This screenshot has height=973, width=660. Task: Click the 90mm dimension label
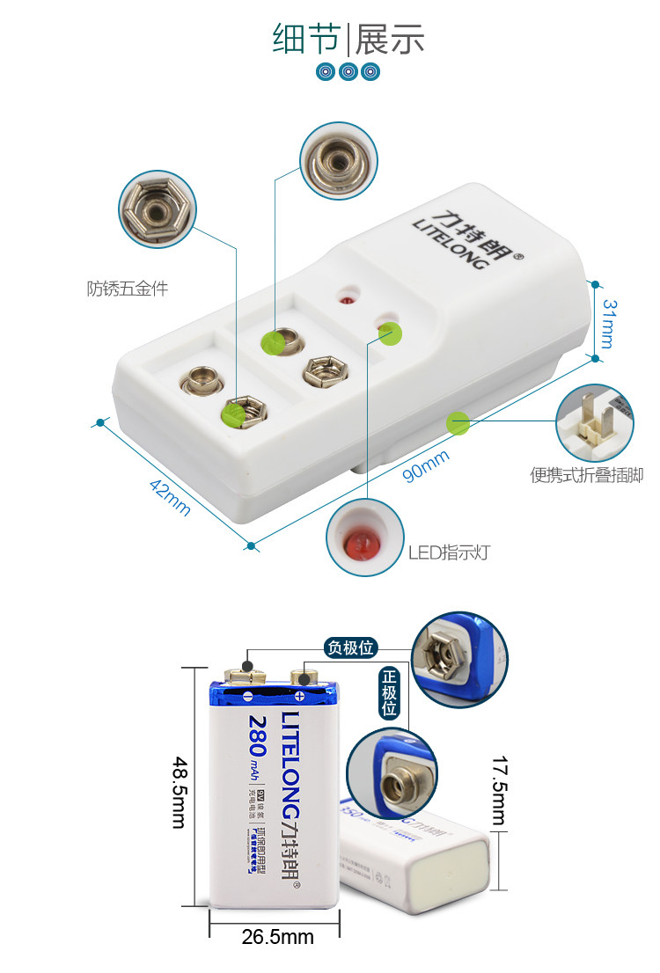pyautogui.click(x=426, y=465)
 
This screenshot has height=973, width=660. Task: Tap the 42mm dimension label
pyautogui.click(x=166, y=496)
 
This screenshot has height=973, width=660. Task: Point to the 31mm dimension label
pyautogui.click(x=607, y=322)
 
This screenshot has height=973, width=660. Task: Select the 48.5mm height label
pyautogui.click(x=178, y=791)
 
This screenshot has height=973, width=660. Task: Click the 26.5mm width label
pyautogui.click(x=277, y=937)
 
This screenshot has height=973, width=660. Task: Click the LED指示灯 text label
pyautogui.click(x=449, y=552)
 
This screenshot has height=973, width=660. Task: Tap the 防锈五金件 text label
pyautogui.click(x=127, y=288)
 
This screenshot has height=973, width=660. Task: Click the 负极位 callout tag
pyautogui.click(x=350, y=648)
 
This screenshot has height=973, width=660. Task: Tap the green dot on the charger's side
pyautogui.click(x=457, y=422)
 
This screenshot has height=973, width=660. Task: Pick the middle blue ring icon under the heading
pyautogui.click(x=348, y=72)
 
